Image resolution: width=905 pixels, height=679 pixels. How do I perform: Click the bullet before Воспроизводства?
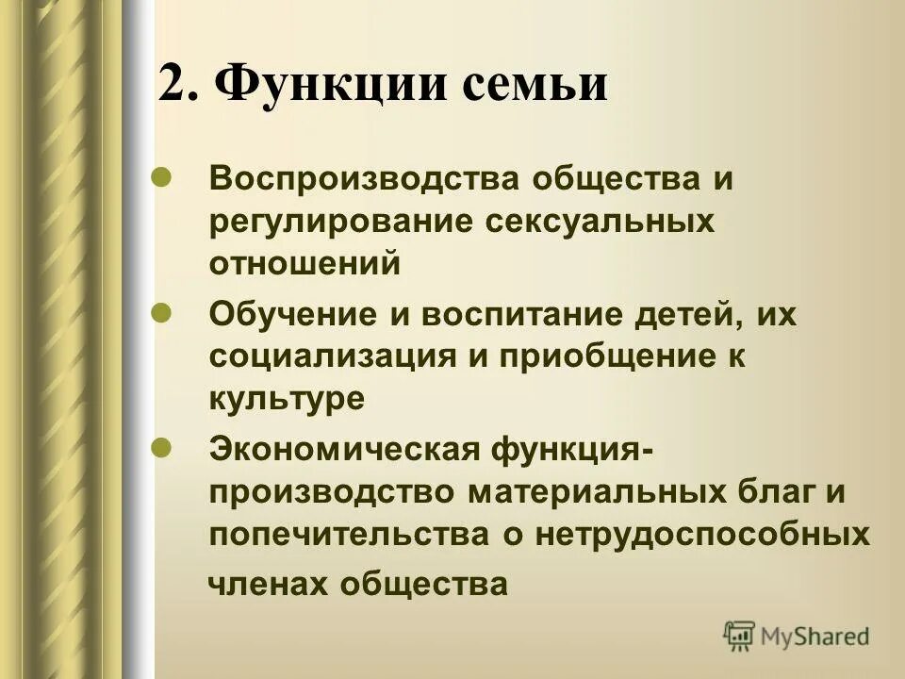coord(161,175)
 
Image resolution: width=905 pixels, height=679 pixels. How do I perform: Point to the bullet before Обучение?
coord(161,310)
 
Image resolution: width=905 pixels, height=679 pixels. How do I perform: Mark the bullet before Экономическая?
coord(161,445)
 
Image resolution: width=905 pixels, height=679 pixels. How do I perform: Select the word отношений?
coord(305,263)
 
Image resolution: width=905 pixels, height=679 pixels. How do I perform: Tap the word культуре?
coord(286,398)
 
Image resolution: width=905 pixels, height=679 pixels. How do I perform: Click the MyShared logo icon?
coord(740,636)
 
